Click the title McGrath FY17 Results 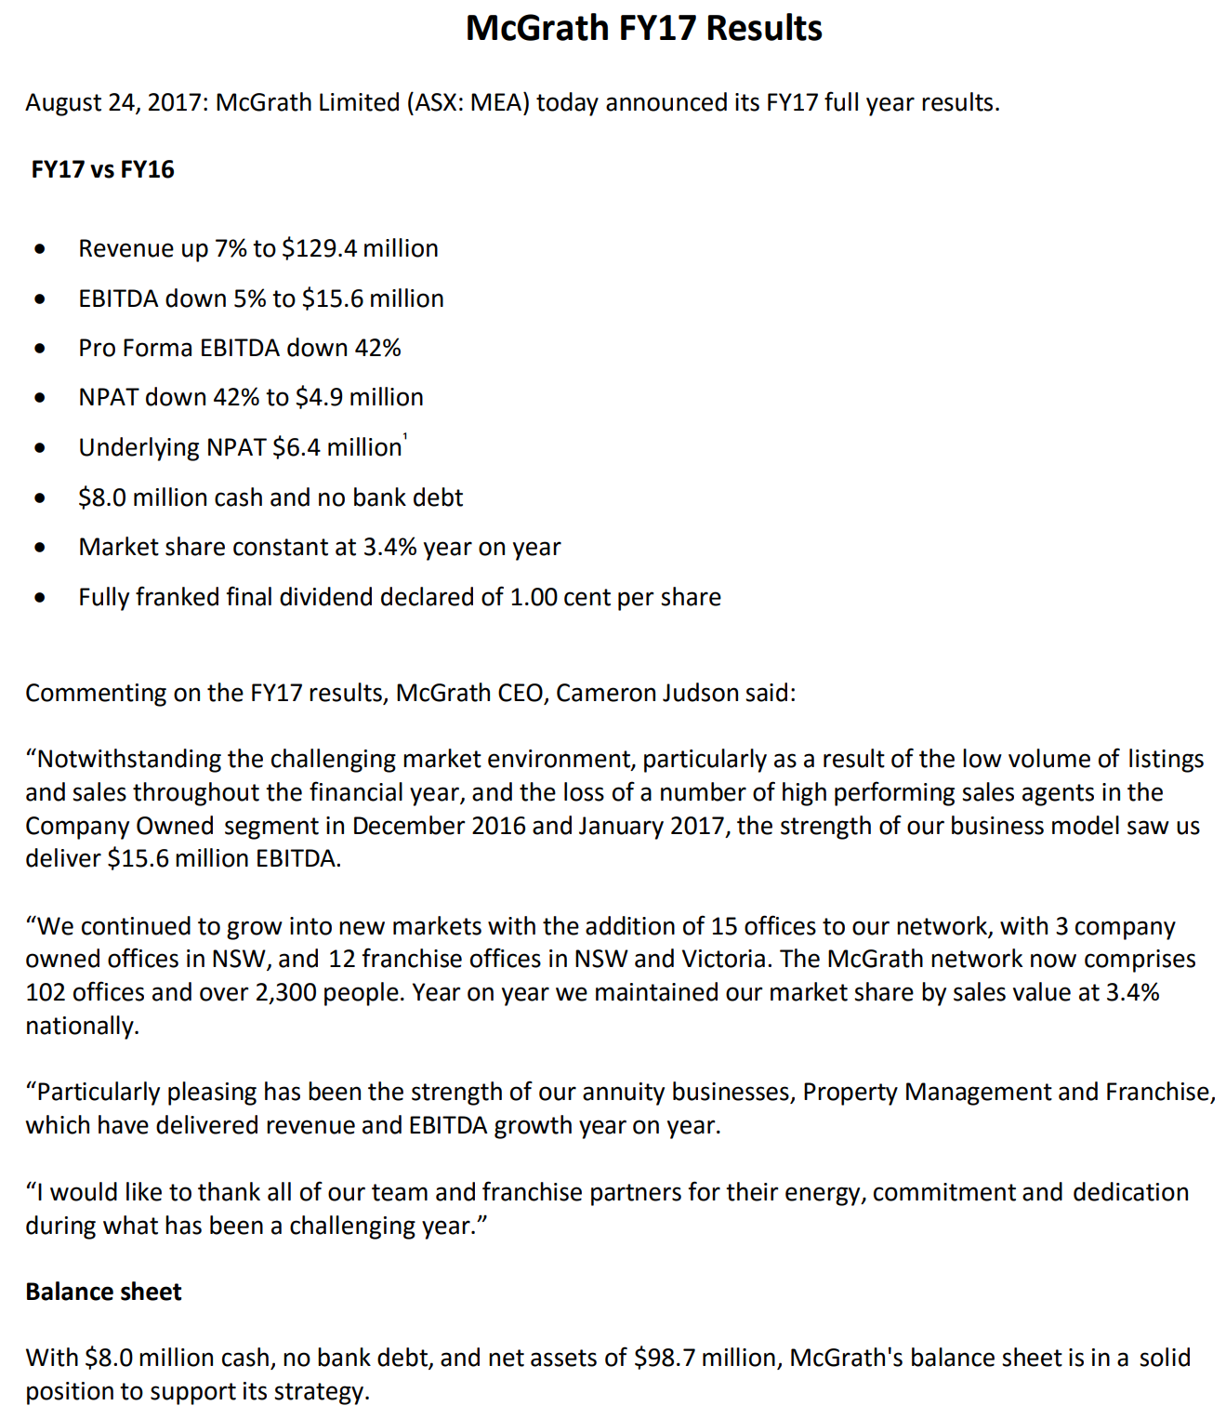[x=643, y=28]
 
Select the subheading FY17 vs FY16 [x=102, y=169]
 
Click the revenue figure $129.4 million [x=360, y=248]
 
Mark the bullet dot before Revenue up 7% [x=39, y=249]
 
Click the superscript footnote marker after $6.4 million [x=405, y=436]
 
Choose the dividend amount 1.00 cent [x=560, y=597]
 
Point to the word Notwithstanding [x=129, y=760]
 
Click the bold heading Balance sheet [x=103, y=1292]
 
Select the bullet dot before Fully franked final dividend [x=39, y=598]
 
